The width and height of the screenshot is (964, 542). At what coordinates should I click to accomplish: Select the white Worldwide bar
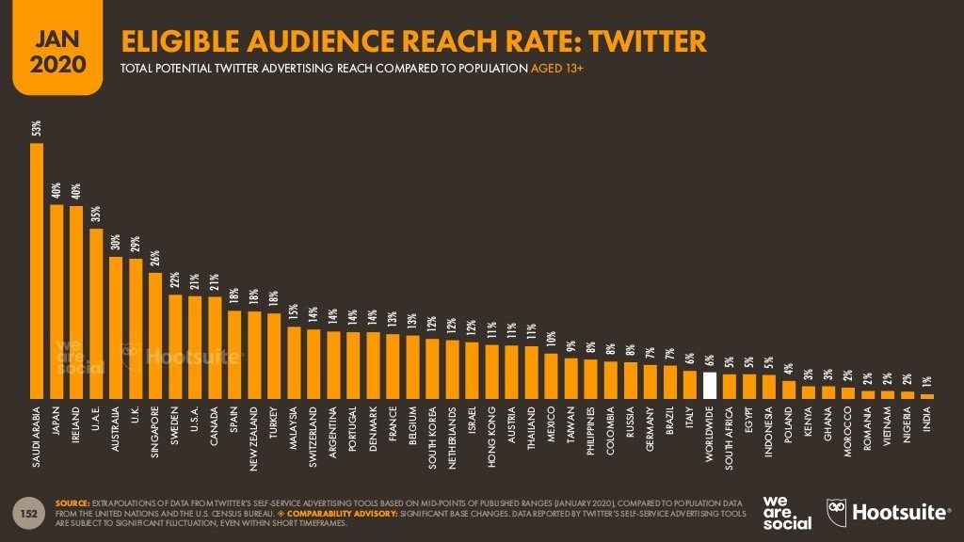click(711, 386)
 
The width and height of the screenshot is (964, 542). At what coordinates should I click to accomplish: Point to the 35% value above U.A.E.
click(96, 214)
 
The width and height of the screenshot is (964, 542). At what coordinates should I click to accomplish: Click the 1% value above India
click(928, 382)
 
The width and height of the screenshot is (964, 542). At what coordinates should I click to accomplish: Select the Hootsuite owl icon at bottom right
click(837, 512)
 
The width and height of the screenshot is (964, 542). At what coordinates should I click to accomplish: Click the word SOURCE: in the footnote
click(74, 503)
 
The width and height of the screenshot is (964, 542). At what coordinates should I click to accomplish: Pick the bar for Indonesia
click(769, 387)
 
